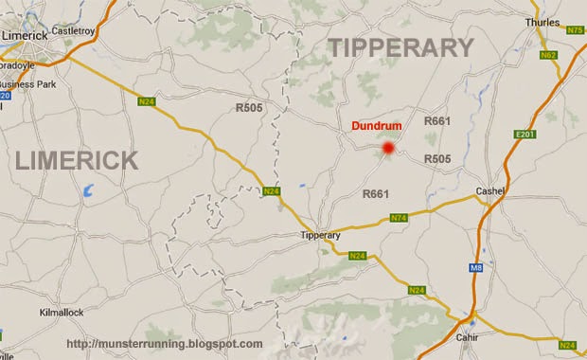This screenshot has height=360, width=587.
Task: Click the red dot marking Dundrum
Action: (387, 148)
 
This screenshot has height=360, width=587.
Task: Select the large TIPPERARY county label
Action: (400, 47)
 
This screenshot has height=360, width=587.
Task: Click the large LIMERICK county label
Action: (77, 162)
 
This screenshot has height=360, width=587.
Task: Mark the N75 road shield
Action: (574, 30)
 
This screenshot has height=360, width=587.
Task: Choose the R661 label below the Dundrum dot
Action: (376, 194)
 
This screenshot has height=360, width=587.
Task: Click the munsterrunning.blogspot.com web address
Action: (165, 343)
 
